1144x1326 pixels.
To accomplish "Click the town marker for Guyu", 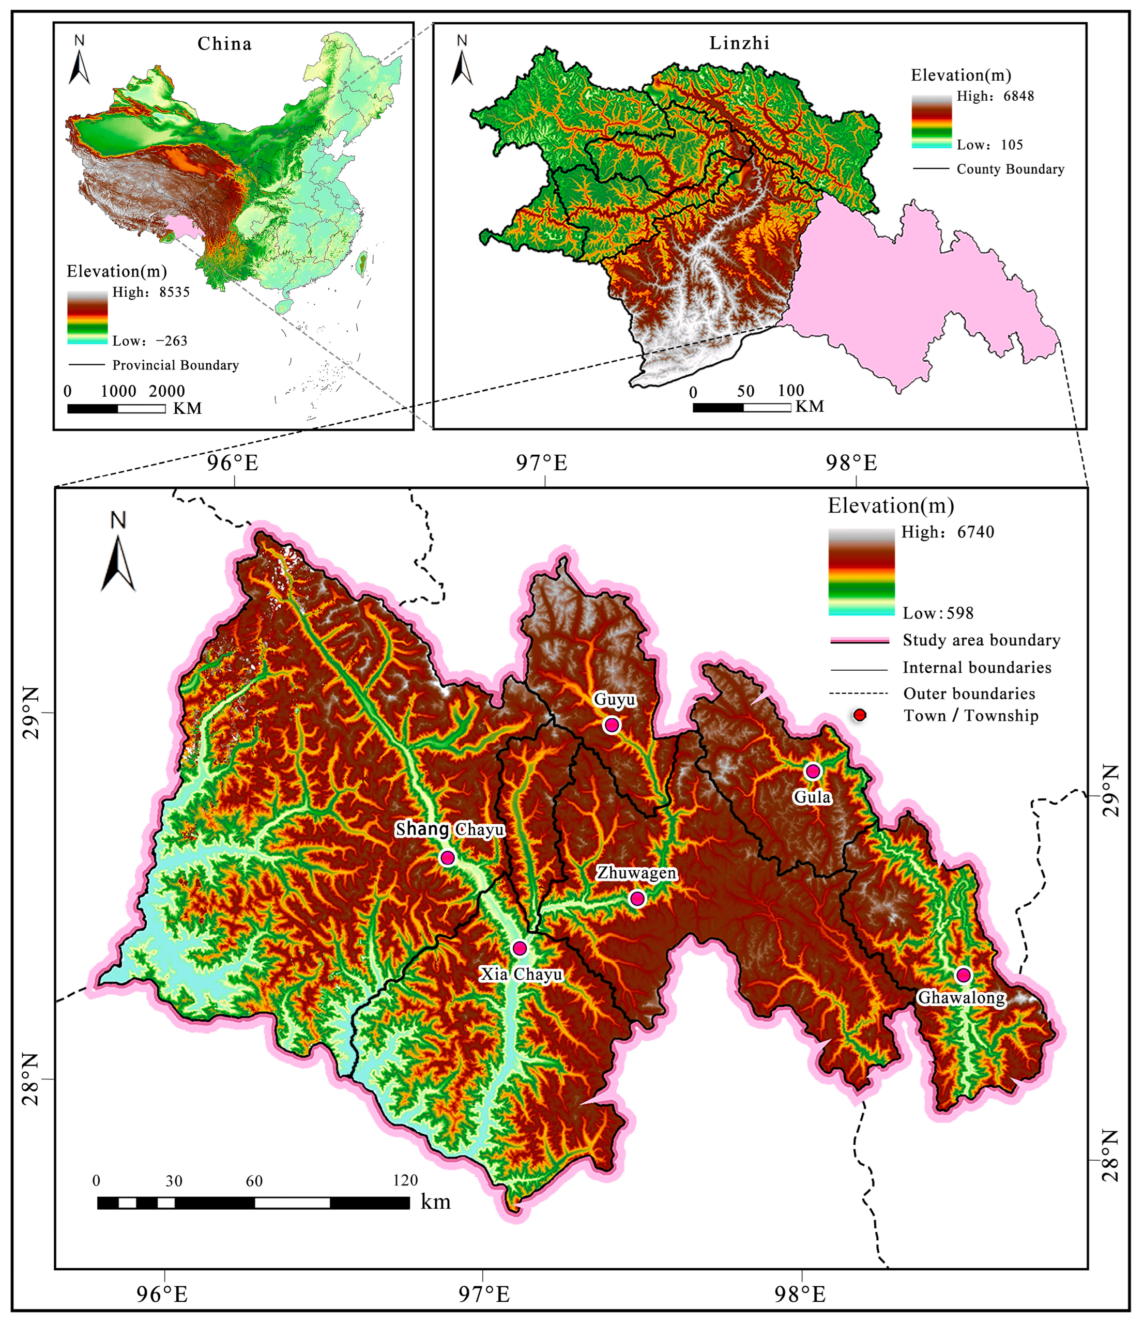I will pos(612,725).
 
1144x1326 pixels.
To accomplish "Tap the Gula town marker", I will pos(813,771).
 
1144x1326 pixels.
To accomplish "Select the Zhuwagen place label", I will pos(636,873).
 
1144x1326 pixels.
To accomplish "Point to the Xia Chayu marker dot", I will pos(519,948).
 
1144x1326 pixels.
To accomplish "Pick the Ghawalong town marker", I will pos(963,975).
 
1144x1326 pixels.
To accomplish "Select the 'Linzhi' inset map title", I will pos(739,43).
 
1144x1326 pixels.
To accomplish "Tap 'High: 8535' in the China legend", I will pos(151,292).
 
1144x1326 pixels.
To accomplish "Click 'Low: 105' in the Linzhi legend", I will pos(990,145).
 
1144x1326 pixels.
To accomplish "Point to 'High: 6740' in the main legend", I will pos(948,532).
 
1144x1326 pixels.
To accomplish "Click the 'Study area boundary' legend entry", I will pos(981,640).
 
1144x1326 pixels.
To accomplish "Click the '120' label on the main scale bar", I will pos(405,1181).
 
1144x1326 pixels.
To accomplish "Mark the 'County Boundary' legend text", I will pos(1010,169).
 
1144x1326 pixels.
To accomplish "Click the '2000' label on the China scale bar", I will pos(166,391).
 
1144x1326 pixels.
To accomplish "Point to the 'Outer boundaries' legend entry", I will pos(969,693).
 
